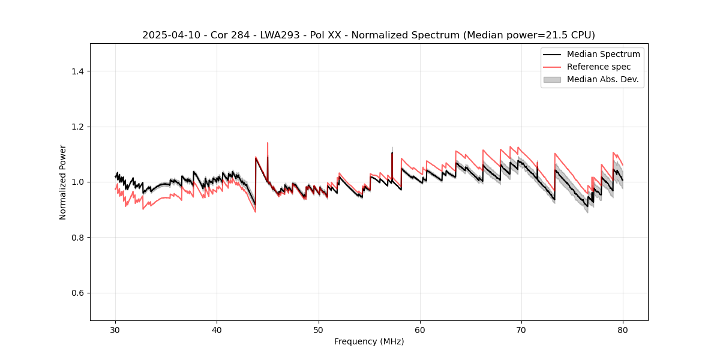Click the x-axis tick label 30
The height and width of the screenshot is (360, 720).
pos(115,330)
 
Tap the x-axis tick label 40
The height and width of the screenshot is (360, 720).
pos(217,330)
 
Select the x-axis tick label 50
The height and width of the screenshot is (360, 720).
pos(318,330)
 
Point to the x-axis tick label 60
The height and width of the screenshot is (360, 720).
pos(420,330)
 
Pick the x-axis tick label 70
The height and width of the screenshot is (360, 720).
pos(521,330)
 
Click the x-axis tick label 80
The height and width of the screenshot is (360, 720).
pos(623,330)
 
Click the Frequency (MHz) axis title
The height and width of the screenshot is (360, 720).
pos(369,342)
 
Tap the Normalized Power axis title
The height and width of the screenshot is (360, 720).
pos(63,182)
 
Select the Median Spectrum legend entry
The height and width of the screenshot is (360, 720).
pos(603,54)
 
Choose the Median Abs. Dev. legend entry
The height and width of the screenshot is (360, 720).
pos(602,79)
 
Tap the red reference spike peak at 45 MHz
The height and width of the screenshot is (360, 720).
pos(267,143)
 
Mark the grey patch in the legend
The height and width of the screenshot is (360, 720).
pos(552,79)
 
